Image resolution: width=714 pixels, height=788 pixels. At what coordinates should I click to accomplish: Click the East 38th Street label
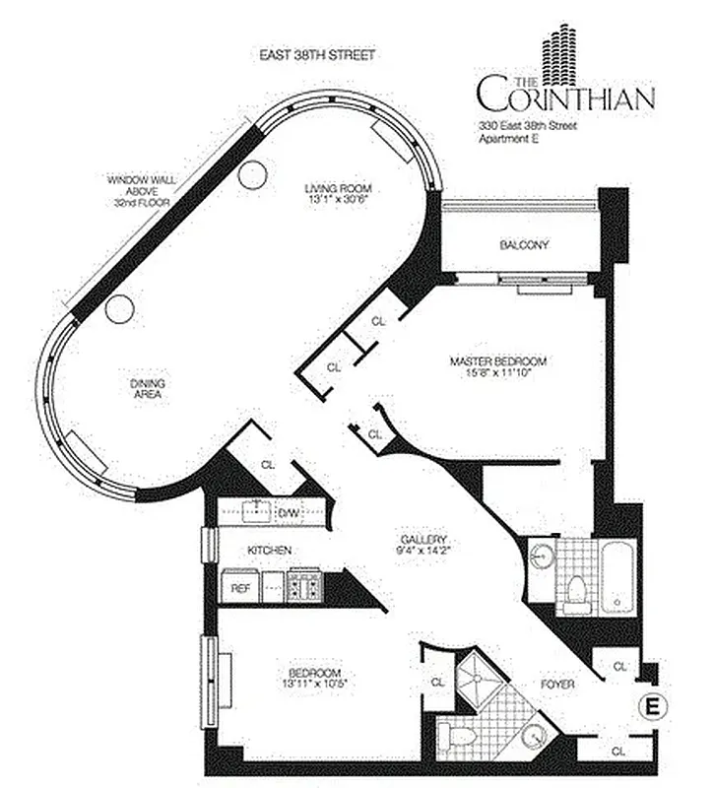(316, 56)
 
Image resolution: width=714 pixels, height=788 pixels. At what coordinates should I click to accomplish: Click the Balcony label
(523, 244)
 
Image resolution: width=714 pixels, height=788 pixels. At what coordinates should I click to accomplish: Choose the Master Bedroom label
(497, 361)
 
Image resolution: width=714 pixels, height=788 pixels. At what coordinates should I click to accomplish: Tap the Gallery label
(423, 540)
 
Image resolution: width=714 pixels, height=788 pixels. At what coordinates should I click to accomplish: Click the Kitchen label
(269, 550)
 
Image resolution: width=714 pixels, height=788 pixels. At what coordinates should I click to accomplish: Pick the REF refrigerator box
(239, 588)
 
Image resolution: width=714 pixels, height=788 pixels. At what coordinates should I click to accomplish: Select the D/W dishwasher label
(289, 512)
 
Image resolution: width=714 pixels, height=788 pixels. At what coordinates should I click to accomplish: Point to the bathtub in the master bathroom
(616, 576)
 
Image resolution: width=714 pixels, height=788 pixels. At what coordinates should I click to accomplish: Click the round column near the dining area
(119, 309)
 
